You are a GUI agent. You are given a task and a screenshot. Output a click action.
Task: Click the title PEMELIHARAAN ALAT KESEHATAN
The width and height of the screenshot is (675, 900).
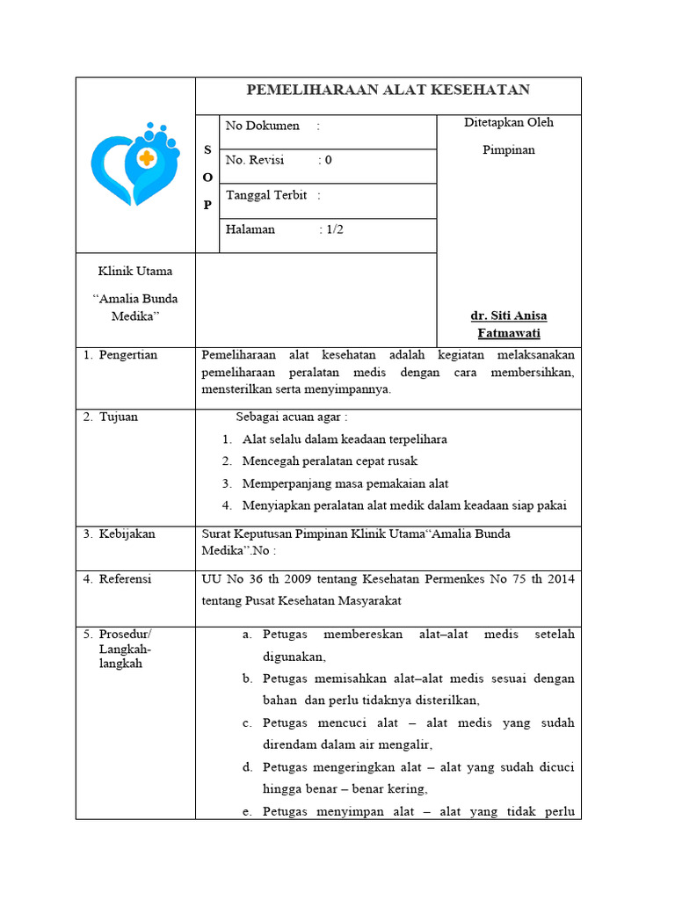coord(388,91)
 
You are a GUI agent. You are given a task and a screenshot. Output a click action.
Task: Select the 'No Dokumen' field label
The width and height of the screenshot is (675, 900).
coord(262,126)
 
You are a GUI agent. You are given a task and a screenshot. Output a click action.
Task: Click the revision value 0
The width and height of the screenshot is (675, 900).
coord(328,160)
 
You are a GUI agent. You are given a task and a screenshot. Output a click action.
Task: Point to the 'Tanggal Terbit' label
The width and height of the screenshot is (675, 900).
coord(266,195)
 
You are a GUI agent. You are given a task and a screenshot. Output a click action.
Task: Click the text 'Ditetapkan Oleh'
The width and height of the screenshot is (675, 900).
coord(508,122)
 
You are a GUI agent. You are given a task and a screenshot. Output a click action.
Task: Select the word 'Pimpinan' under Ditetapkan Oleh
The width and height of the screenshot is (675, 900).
coord(508,149)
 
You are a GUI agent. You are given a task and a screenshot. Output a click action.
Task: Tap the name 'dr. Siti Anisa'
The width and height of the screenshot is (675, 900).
coord(508,316)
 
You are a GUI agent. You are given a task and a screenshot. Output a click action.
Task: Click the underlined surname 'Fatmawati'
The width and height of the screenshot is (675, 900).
coord(508,333)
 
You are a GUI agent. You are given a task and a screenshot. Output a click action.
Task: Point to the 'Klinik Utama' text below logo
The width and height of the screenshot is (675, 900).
coord(135,271)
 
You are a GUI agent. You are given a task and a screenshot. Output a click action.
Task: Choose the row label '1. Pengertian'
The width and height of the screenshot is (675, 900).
coord(120,355)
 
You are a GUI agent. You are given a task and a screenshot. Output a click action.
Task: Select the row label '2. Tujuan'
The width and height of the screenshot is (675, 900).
coord(111,417)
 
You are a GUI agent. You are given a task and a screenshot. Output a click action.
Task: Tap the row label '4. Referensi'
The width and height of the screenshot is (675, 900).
coord(118,578)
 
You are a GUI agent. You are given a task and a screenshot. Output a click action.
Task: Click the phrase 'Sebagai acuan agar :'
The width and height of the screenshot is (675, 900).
coord(291,417)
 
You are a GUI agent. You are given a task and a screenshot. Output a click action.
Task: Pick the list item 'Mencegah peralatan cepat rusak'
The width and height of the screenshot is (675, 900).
coord(330,461)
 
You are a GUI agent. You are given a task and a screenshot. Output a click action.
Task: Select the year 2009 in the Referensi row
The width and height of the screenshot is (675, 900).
coord(289,578)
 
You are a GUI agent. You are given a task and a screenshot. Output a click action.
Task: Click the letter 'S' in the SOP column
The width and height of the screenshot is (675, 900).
coord(207,150)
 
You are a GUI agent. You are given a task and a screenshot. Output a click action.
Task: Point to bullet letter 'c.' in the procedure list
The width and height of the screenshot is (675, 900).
coord(248,722)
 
